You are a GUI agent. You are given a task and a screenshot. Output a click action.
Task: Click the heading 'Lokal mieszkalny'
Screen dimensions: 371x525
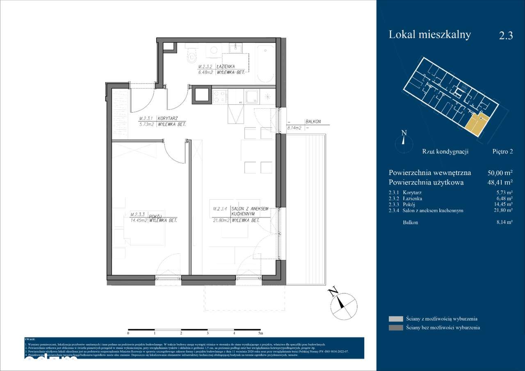(429, 35)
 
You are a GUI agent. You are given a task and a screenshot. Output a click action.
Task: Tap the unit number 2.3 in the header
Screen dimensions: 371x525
(506, 36)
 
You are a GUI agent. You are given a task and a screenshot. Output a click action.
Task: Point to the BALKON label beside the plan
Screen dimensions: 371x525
(313, 122)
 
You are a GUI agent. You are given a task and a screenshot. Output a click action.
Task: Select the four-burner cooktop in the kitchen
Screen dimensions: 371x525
(219, 96)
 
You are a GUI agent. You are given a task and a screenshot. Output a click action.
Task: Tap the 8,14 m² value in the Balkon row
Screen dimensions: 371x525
(504, 222)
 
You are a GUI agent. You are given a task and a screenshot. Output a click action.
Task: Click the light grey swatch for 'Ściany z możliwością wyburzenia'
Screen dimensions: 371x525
(396, 319)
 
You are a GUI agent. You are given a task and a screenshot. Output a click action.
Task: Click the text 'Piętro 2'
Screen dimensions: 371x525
(502, 151)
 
